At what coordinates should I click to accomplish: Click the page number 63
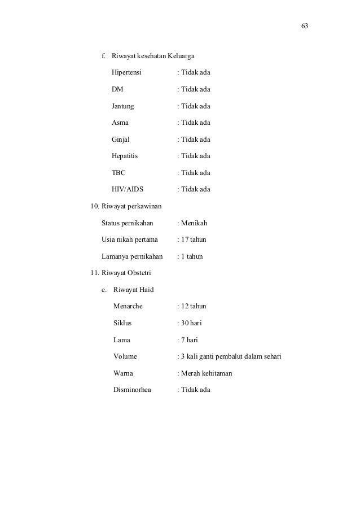tap(305, 27)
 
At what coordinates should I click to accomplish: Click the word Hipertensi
tap(127, 73)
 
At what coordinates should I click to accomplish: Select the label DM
tap(117, 89)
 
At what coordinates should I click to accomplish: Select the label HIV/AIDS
tap(128, 189)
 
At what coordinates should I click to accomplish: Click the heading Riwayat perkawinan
tap(133, 206)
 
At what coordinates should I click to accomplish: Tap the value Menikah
tap(194, 223)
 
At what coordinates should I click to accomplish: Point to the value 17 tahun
tap(194, 239)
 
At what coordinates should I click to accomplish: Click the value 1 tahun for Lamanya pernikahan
tap(192, 256)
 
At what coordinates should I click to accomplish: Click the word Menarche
tap(128, 307)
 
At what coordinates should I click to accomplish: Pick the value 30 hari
tap(192, 324)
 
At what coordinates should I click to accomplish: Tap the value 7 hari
tap(190, 340)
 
